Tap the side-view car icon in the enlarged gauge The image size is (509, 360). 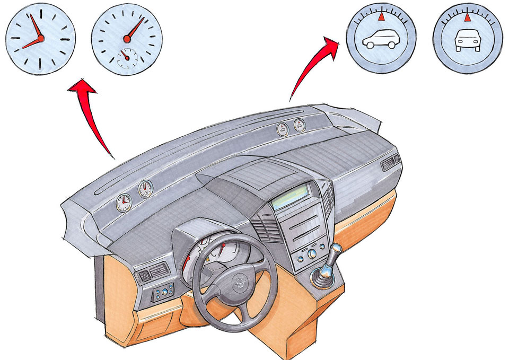coord(378,41)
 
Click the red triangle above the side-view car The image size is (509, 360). coord(381,17)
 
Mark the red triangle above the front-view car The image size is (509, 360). coord(467,18)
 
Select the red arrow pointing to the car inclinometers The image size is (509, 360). coord(313,64)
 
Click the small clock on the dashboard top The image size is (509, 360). coord(124,201)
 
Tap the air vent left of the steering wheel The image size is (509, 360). coord(157,273)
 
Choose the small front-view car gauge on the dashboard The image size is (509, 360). coord(300,126)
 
